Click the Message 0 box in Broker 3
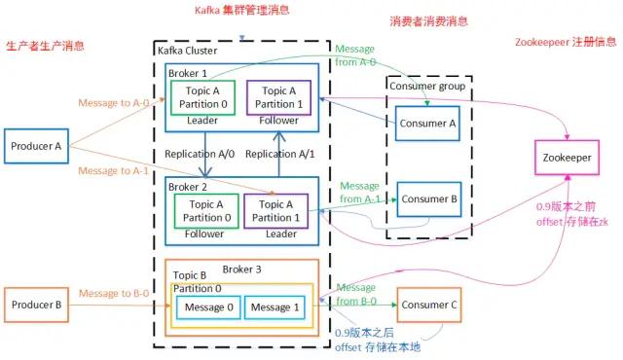click(207, 307)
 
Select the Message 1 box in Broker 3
click(273, 307)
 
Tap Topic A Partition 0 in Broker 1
click(202, 97)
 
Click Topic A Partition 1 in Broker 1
click(277, 97)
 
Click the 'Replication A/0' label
click(201, 155)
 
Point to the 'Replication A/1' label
click(281, 155)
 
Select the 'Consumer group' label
click(426, 86)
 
